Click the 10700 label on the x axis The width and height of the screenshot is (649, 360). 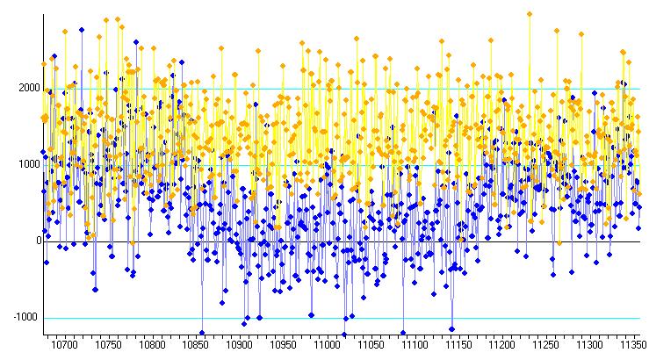(x=64, y=345)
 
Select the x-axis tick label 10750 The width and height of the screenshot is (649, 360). (x=108, y=345)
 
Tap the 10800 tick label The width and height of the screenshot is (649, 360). (x=152, y=345)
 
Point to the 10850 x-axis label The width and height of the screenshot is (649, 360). (x=195, y=345)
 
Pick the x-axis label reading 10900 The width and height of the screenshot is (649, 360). (x=239, y=345)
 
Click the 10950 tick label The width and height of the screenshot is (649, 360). (x=283, y=345)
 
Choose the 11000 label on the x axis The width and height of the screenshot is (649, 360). (x=327, y=345)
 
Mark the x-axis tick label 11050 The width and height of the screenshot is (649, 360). (x=371, y=345)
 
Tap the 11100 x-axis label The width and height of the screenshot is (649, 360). (x=415, y=345)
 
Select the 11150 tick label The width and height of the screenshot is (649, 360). (x=458, y=345)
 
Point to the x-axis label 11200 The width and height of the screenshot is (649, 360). (x=502, y=345)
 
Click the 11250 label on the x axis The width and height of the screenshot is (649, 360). (x=546, y=345)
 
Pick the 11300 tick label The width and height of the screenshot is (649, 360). (x=590, y=345)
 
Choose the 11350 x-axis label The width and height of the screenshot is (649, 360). (x=633, y=345)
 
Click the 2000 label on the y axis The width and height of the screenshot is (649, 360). (x=29, y=88)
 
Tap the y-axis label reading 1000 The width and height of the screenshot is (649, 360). (x=29, y=164)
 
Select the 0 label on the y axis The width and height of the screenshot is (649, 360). (x=40, y=241)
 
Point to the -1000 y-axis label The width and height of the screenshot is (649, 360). (x=25, y=317)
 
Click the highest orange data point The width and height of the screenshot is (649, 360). (x=530, y=14)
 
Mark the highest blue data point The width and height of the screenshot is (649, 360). (x=82, y=30)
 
